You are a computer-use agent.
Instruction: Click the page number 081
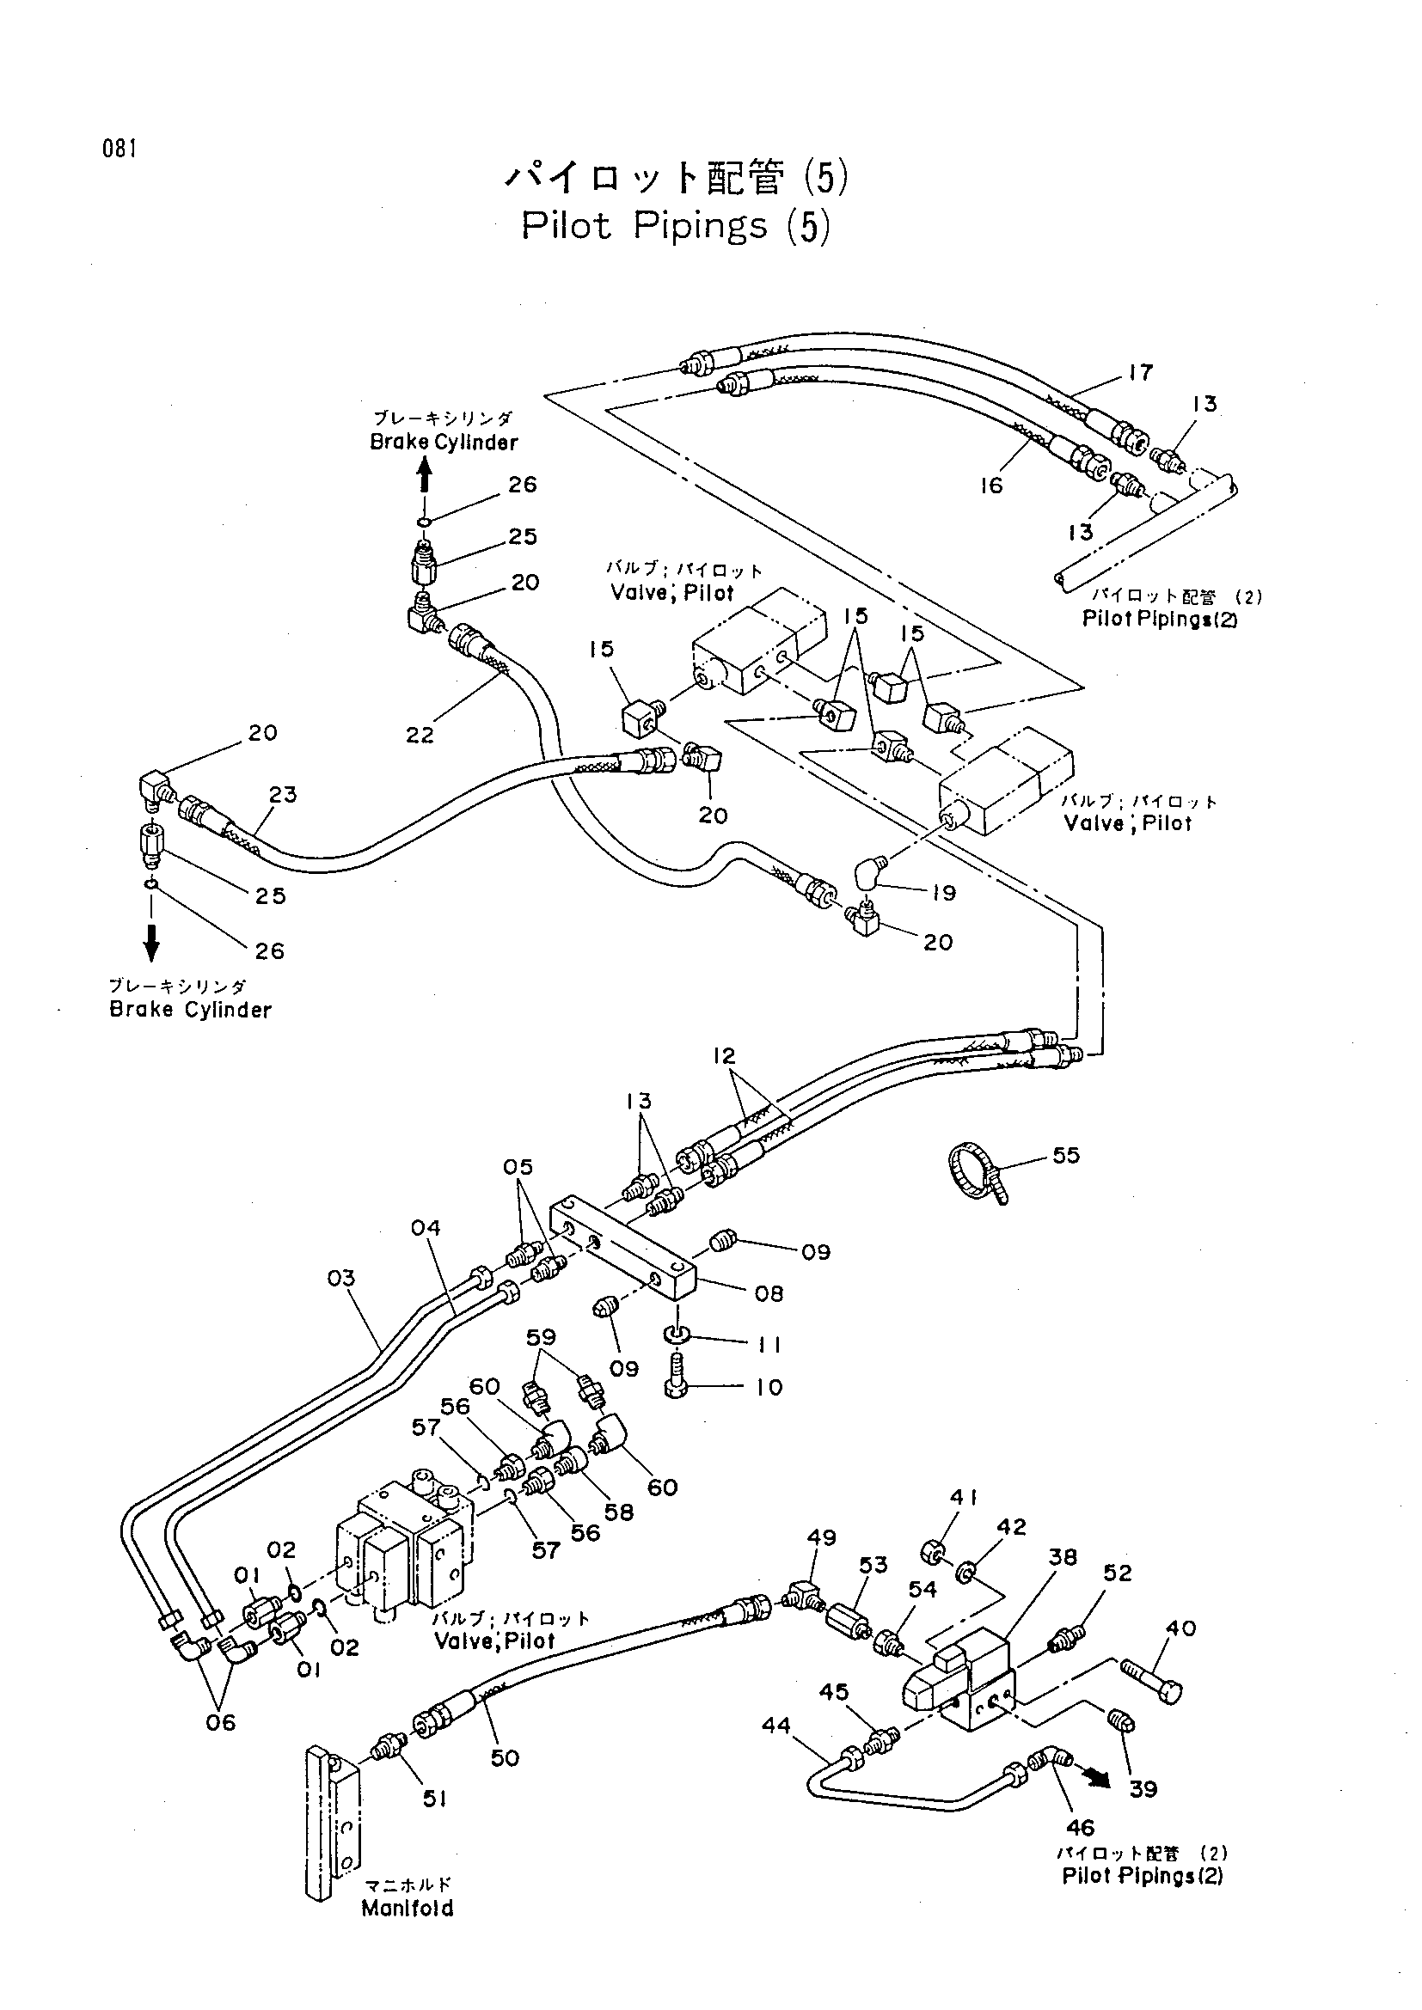(x=118, y=150)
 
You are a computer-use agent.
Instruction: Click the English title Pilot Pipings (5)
(x=674, y=226)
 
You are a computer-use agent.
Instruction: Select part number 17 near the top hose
(x=1140, y=372)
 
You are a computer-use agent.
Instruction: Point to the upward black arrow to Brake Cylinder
(x=424, y=478)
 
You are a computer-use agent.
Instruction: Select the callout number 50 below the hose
(x=506, y=1758)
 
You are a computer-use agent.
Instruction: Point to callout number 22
(x=420, y=735)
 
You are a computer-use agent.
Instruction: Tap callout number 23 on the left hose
(x=283, y=794)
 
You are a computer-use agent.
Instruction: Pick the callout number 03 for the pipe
(x=341, y=1278)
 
